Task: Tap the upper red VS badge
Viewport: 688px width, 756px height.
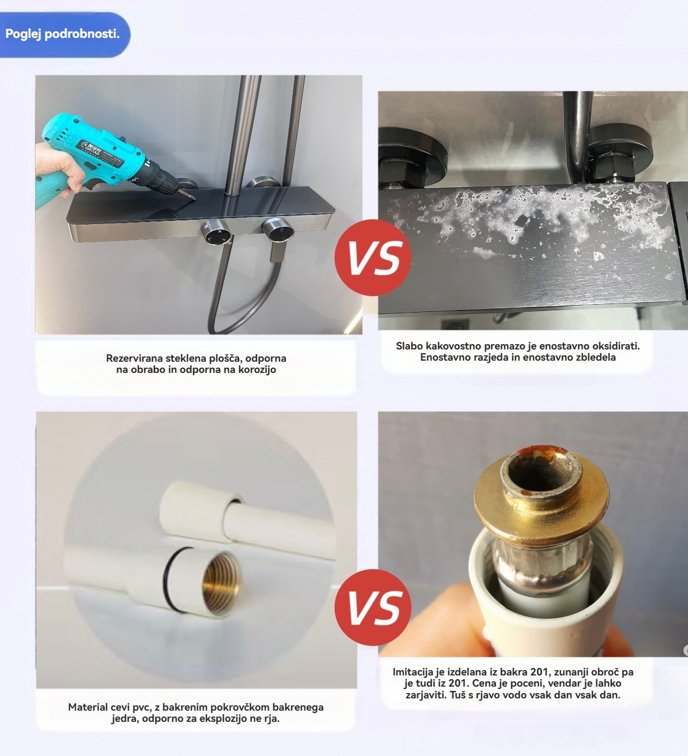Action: [x=373, y=258]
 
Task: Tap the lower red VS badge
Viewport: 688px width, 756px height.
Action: [x=373, y=608]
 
